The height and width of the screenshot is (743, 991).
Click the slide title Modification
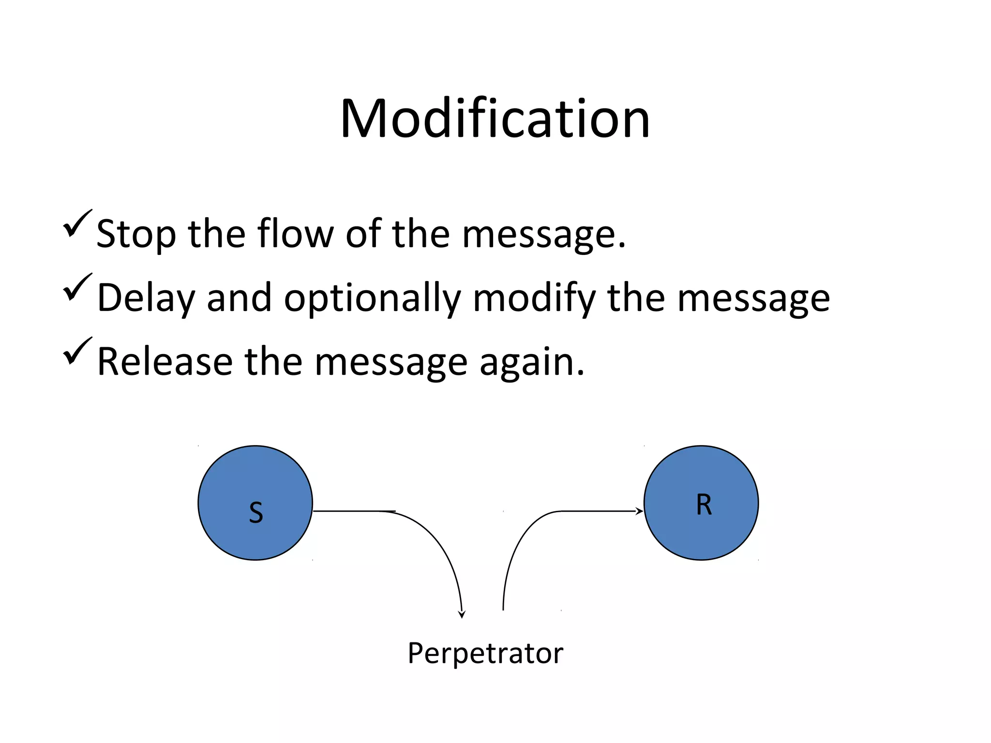(x=495, y=119)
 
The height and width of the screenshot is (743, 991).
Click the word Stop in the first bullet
(x=136, y=235)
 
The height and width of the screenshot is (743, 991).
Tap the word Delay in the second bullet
(x=145, y=298)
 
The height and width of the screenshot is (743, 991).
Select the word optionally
(x=372, y=298)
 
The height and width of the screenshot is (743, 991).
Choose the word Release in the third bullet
(x=165, y=362)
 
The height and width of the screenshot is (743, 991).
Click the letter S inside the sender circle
(x=255, y=513)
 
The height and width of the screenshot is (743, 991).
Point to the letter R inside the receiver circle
(x=704, y=505)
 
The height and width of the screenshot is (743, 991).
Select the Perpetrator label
(x=485, y=653)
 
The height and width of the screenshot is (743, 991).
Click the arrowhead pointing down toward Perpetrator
(x=462, y=614)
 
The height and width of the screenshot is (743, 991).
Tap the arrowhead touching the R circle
(x=640, y=511)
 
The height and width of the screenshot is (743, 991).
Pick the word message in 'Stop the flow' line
(x=543, y=235)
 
